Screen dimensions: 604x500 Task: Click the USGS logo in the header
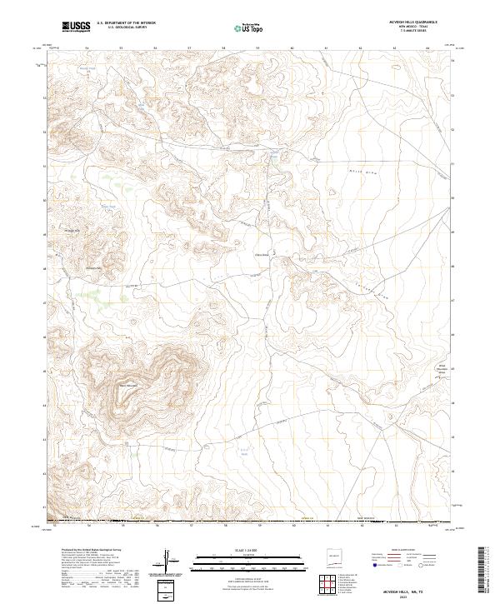coord(76,27)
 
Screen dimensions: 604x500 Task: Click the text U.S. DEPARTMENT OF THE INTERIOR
coord(126,24)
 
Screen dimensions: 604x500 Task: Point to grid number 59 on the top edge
coord(257,47)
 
